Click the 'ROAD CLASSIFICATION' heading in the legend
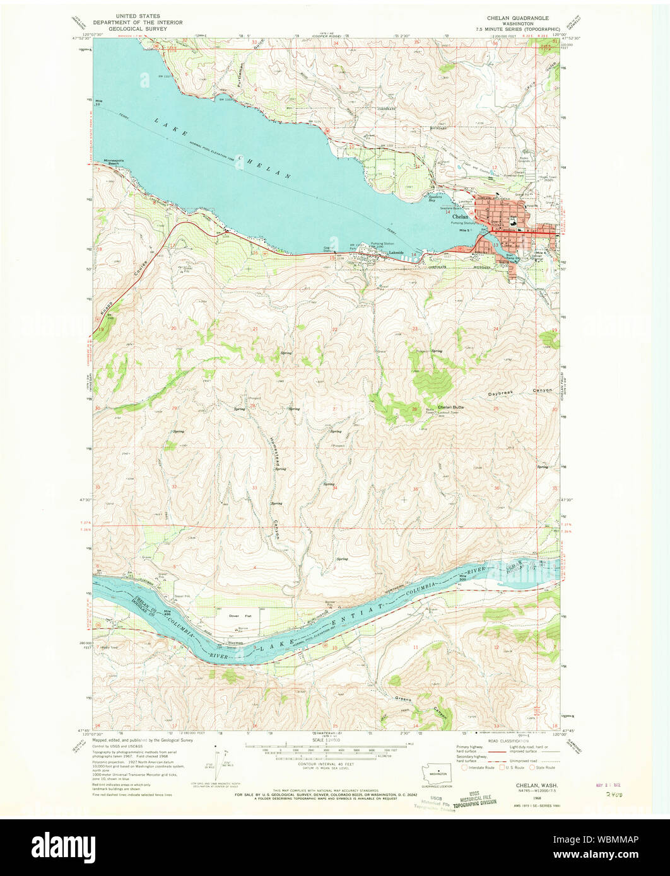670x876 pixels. (504, 742)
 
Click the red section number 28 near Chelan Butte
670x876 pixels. (414, 410)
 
